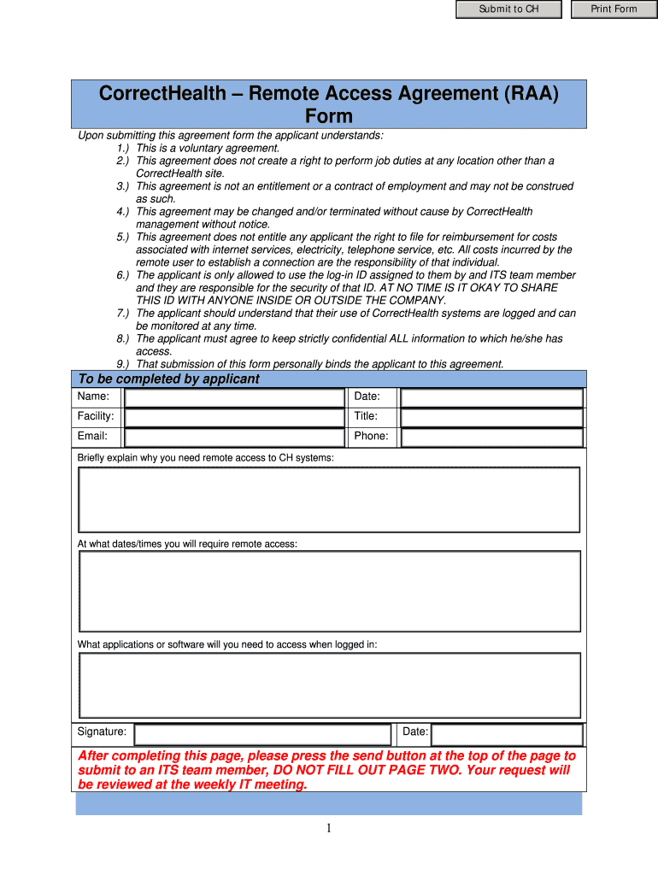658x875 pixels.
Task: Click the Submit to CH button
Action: [508, 9]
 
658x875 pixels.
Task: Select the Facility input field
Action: [234, 418]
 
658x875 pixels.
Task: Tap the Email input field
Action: [234, 437]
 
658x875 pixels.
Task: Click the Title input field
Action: [491, 418]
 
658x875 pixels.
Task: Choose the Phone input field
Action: [491, 437]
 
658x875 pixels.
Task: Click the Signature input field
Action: [262, 734]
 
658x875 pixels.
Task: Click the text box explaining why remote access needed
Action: [329, 500]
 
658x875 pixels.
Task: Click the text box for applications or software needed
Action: [329, 685]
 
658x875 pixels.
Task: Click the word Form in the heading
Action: [329, 116]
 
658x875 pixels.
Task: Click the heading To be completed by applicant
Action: [168, 379]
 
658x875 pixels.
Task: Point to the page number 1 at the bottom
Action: [329, 828]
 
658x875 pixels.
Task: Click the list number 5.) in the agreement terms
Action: [123, 237]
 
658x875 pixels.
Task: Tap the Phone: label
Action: [371, 436]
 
